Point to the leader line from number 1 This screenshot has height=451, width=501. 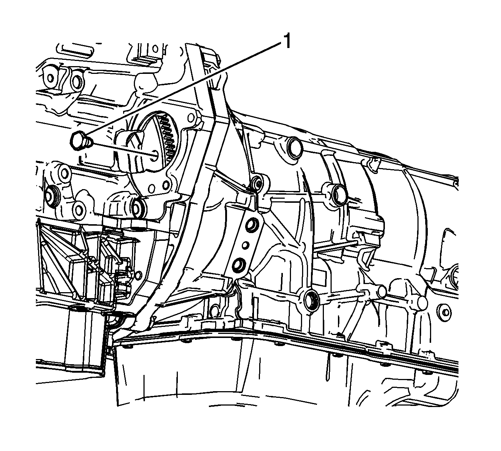[185, 88]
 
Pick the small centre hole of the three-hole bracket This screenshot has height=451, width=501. [245, 244]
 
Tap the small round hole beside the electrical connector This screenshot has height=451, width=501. [139, 275]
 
